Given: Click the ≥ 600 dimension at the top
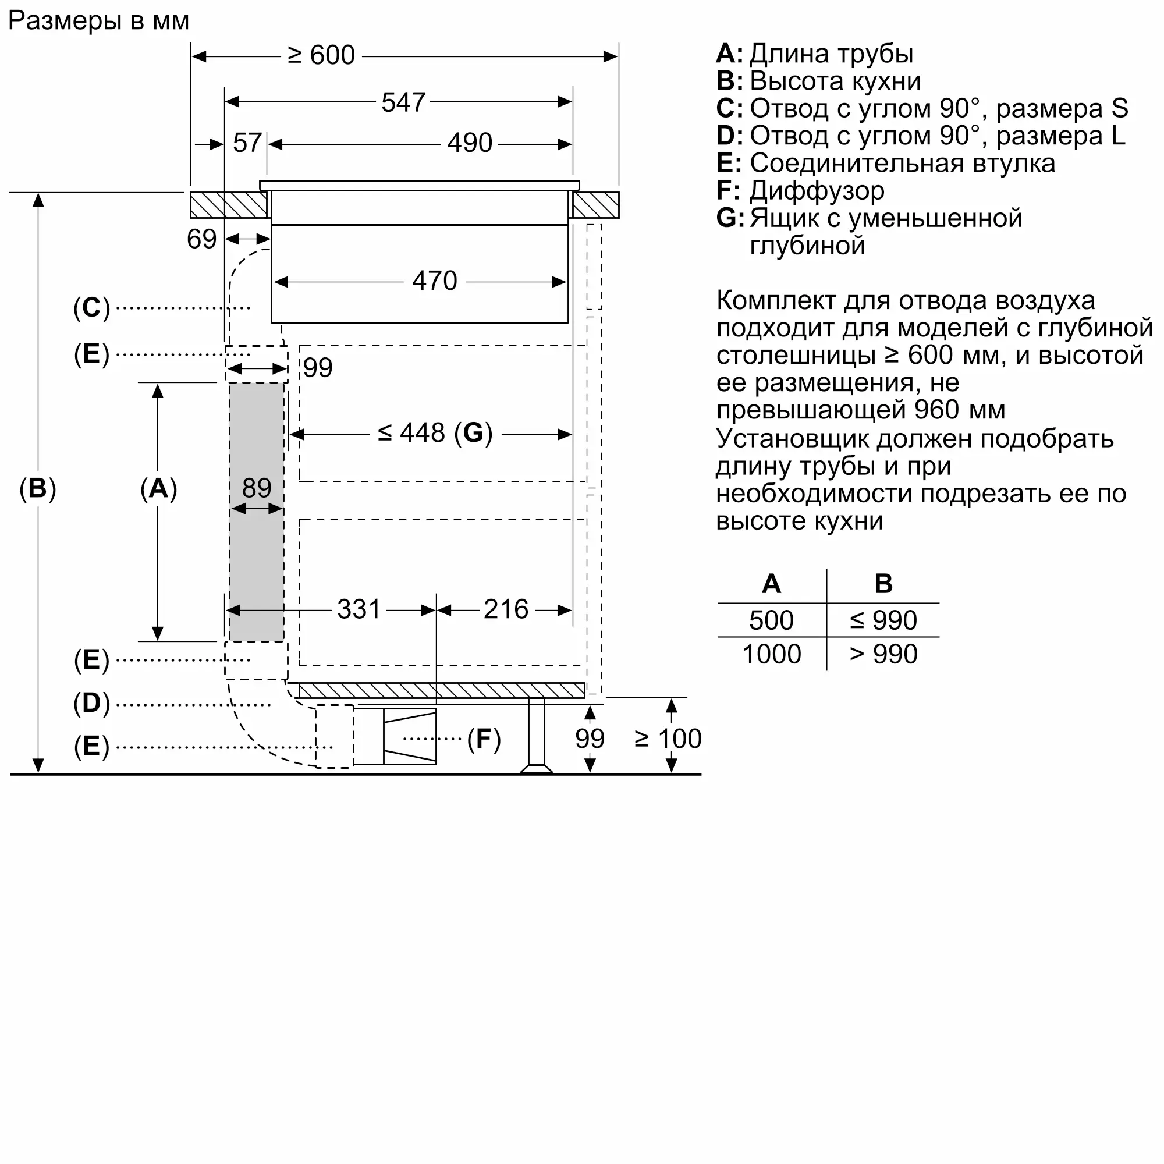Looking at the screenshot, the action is [x=321, y=55].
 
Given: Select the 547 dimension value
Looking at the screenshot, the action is [x=403, y=102].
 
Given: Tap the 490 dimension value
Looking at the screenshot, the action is [x=469, y=143].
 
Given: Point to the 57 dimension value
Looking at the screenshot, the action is [x=247, y=143].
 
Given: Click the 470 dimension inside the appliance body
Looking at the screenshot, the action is [x=434, y=281].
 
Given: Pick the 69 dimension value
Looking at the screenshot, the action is [x=201, y=239].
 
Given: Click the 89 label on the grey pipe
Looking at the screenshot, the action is [x=257, y=487].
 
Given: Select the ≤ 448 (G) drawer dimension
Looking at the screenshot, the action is [x=435, y=432].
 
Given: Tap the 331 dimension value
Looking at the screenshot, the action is [x=359, y=609].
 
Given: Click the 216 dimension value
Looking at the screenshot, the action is [x=506, y=609].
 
